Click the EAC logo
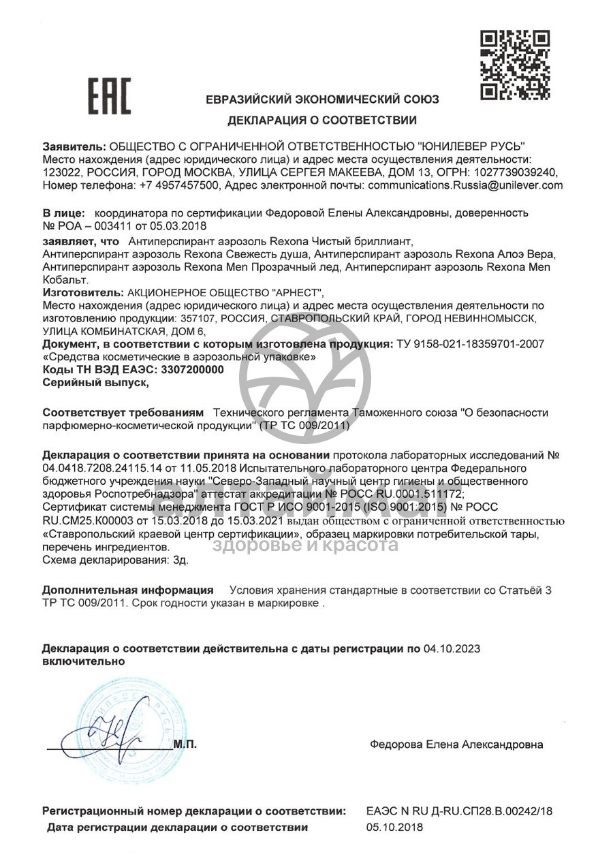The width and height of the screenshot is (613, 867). (109, 96)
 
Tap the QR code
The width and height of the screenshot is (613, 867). (515, 65)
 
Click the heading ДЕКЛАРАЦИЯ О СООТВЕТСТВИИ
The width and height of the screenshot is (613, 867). (322, 121)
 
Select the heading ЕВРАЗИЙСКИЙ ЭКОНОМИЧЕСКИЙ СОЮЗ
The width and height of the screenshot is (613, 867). (322, 99)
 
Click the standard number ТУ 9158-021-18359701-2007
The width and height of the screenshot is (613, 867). (469, 344)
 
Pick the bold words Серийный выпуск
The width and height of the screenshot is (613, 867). (95, 383)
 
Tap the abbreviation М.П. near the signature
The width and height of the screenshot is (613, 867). (185, 744)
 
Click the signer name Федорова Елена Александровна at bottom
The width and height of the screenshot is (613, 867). (456, 744)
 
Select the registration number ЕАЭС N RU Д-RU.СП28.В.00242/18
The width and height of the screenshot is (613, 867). (459, 811)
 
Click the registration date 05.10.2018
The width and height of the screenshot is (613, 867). (394, 827)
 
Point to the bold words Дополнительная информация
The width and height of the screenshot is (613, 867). (128, 590)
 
